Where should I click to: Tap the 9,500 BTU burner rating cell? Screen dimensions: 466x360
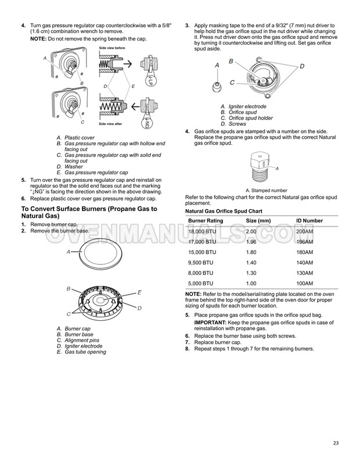click(200, 262)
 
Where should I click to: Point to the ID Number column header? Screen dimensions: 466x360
click(309, 220)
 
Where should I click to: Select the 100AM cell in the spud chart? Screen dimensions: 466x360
click(306, 283)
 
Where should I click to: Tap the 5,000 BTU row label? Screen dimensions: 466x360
click(200, 283)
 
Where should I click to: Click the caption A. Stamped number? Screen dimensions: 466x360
click(267, 190)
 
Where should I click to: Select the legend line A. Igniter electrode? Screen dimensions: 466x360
click(243, 107)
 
